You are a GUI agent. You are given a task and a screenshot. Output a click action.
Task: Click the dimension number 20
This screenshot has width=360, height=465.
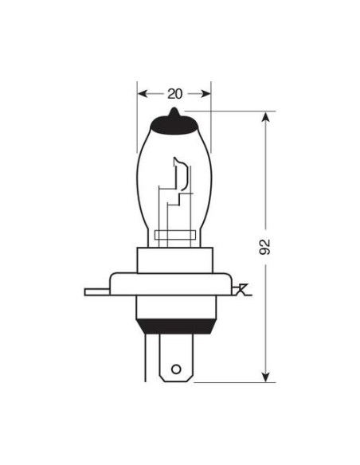click(175, 93)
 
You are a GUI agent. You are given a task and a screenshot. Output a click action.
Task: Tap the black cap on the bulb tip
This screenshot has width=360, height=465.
click(174, 121)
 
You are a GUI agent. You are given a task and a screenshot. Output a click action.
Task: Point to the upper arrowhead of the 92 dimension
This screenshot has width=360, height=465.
click(266, 118)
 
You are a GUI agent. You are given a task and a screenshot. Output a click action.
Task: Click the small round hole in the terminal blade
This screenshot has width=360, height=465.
click(176, 369)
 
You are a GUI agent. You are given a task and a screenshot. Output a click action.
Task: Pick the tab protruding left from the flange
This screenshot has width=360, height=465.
click(96, 292)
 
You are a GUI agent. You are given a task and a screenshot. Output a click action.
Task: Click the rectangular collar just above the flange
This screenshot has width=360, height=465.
click(174, 259)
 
